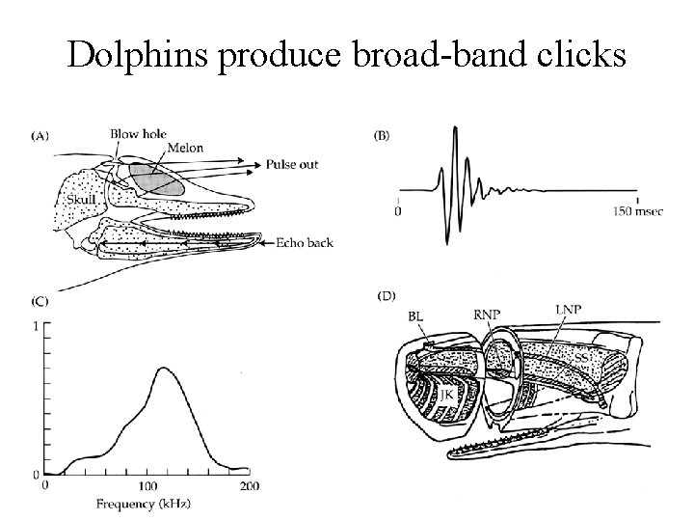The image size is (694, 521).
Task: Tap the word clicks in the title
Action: click(x=577, y=56)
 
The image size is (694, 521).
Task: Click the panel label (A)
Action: click(x=41, y=137)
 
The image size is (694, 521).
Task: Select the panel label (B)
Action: click(x=382, y=136)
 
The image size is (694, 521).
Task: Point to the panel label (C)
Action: click(x=40, y=302)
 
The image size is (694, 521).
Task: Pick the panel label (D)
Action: click(x=384, y=294)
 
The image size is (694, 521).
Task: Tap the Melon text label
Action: click(x=184, y=149)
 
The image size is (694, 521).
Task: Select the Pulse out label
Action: click(x=293, y=165)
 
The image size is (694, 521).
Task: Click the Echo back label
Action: click(x=305, y=242)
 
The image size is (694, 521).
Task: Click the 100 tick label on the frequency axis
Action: click(x=148, y=484)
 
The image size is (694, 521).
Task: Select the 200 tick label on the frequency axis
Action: click(x=250, y=484)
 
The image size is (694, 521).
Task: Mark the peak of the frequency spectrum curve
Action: click(x=163, y=368)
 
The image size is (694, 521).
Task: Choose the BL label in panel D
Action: click(x=415, y=315)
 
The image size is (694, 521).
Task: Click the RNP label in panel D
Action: click(x=488, y=314)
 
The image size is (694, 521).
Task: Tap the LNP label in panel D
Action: click(x=569, y=309)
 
